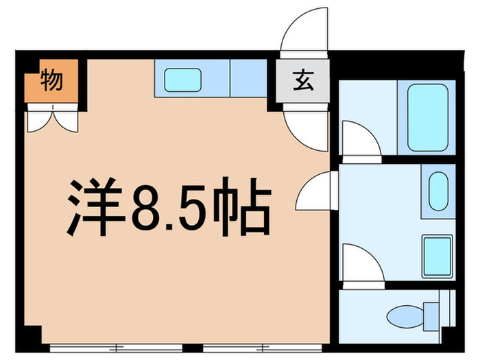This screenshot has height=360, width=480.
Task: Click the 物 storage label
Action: pos(51,80)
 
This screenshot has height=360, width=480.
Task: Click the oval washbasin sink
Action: pos(438,192)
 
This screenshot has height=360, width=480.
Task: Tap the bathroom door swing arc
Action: pos(360,140)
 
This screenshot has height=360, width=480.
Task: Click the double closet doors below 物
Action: pos(53,119)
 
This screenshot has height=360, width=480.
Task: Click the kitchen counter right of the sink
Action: pos(248,79)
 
